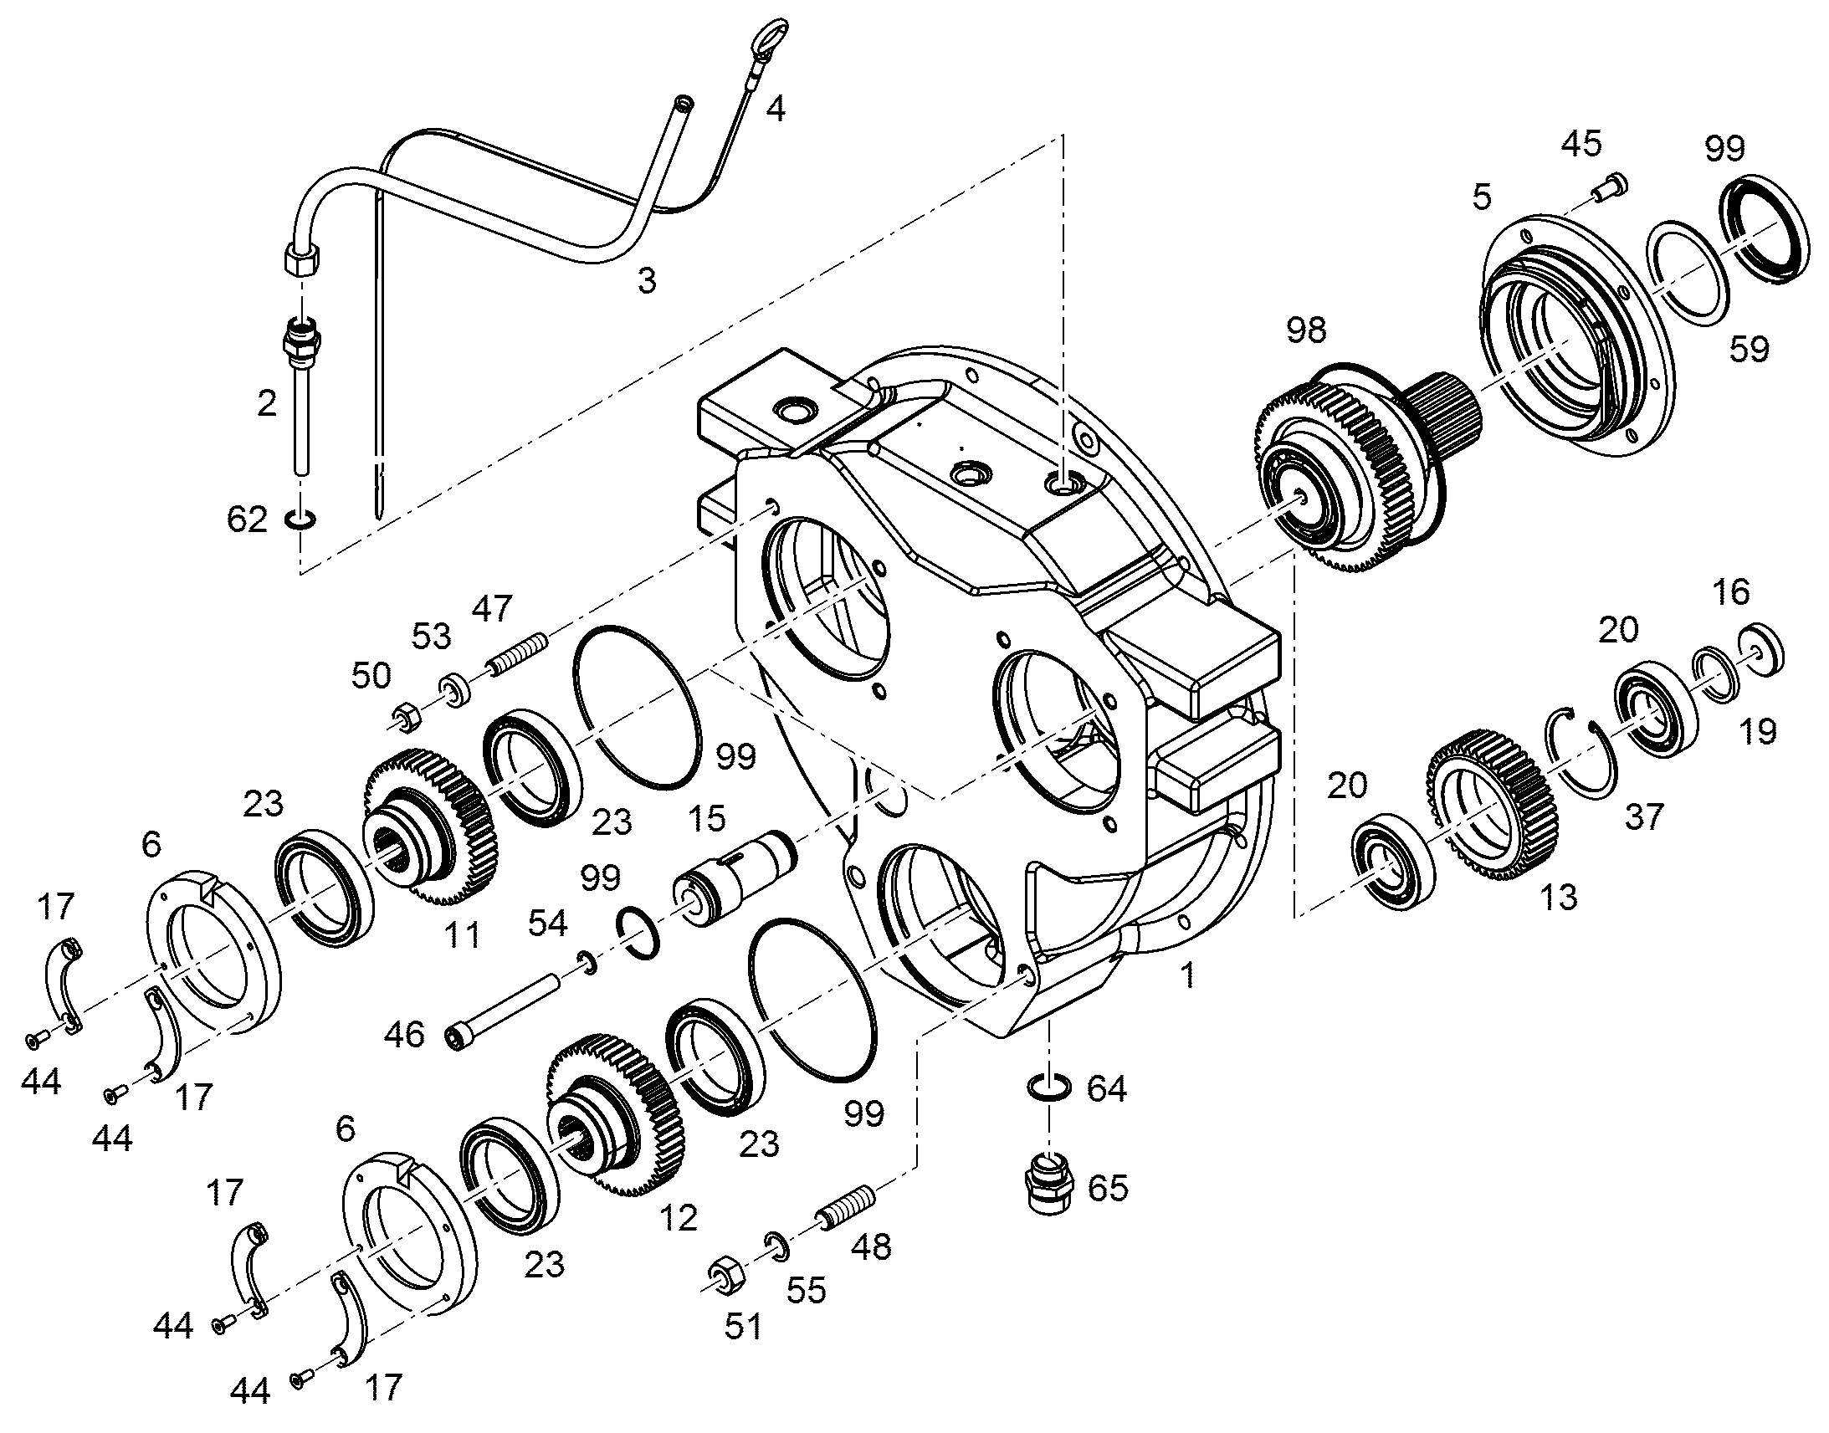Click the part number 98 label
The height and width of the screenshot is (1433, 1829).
pos(1306,330)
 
